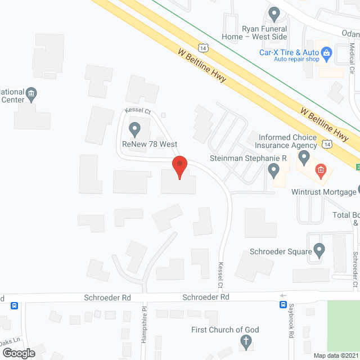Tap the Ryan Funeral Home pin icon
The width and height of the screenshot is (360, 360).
274,12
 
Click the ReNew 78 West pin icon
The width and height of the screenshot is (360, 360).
134,129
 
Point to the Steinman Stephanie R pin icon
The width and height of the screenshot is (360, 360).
274,169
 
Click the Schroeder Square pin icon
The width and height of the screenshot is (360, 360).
319,249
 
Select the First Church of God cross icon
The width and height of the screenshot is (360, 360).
245,341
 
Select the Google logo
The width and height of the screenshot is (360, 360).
18,353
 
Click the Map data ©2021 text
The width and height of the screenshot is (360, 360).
335,355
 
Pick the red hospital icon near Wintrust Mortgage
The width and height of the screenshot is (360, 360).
320,169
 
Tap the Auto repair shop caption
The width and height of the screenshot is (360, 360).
296,59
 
